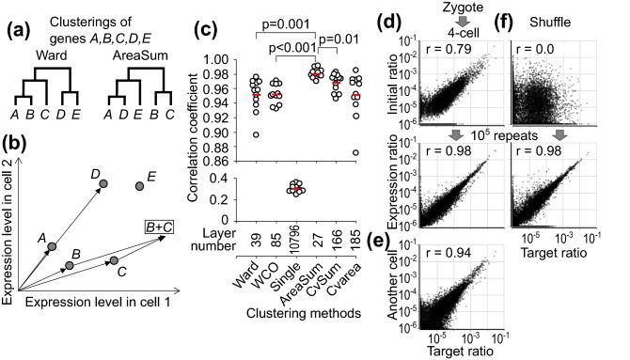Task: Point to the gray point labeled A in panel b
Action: [53, 246]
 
